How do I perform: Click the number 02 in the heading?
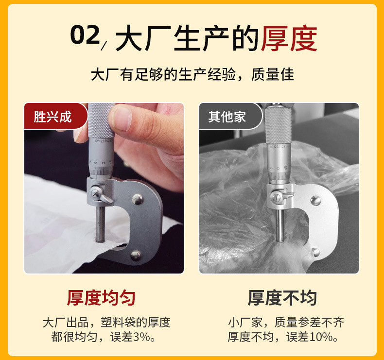(x=85, y=34)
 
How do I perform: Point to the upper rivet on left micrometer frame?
(x=137, y=199)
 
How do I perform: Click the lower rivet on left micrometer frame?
(x=135, y=255)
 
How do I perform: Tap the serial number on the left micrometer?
(x=103, y=141)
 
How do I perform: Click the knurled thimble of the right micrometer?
(x=279, y=124)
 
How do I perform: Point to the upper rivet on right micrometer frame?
(x=315, y=201)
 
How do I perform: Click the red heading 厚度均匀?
(x=101, y=298)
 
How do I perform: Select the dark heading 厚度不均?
(x=282, y=298)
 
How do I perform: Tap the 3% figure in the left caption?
(x=141, y=337)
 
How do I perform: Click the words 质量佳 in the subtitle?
(x=272, y=74)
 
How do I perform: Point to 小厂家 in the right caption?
(x=245, y=322)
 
